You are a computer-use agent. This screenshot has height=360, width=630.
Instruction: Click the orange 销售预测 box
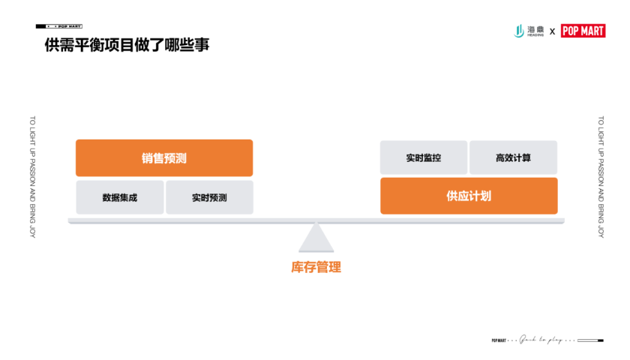click(x=164, y=158)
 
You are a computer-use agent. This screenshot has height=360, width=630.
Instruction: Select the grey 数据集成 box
click(x=120, y=198)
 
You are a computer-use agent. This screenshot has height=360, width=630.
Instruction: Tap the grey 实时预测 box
click(x=209, y=198)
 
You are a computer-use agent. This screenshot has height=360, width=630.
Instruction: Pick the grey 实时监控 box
click(x=424, y=157)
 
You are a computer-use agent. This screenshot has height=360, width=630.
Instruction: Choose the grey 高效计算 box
click(x=513, y=157)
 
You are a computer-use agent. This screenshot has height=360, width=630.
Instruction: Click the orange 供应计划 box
click(x=469, y=196)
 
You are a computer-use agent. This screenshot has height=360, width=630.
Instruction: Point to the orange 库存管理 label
click(x=316, y=267)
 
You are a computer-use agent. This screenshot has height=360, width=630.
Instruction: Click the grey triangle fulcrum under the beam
click(x=316, y=239)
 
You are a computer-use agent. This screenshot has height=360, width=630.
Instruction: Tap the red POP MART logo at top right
click(x=583, y=31)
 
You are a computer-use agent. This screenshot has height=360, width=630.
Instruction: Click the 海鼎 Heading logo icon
click(x=518, y=31)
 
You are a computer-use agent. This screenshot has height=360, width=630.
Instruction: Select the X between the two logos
click(x=553, y=31)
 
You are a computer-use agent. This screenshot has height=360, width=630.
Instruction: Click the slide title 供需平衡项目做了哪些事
click(x=127, y=46)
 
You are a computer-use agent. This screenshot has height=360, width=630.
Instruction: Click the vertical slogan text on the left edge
click(x=32, y=176)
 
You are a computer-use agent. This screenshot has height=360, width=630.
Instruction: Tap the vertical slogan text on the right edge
click(x=600, y=176)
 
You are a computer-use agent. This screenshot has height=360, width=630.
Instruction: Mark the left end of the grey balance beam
click(x=71, y=220)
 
